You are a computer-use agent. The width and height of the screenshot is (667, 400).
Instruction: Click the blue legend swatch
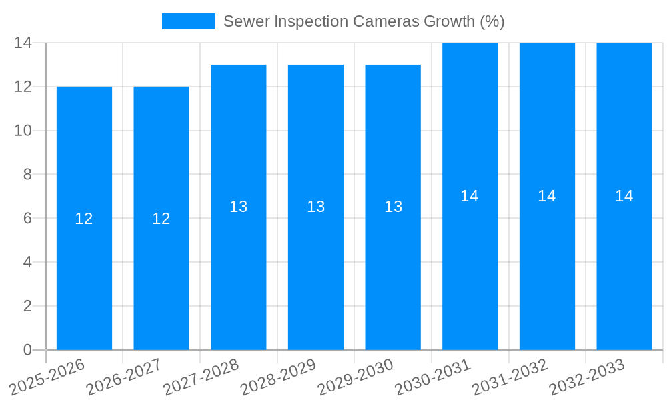(x=189, y=21)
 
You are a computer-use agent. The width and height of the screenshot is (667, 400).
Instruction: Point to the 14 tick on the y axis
(x=23, y=43)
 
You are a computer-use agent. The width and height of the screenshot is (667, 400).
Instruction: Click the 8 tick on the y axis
(x=27, y=175)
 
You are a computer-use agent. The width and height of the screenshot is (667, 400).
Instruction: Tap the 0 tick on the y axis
(x=27, y=350)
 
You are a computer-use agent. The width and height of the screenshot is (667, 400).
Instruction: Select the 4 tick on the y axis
(x=27, y=262)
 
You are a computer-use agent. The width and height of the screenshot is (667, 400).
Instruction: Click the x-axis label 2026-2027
(x=125, y=377)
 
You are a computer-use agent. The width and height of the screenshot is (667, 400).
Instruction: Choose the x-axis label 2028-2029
(x=278, y=377)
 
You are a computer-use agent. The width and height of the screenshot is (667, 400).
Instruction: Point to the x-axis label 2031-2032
(x=510, y=377)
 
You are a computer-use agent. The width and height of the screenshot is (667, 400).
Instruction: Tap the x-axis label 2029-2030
(x=356, y=377)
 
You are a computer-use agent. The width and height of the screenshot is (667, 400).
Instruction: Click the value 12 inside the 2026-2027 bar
(x=161, y=219)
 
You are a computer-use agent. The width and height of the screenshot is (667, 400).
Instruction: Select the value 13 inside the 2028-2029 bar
(x=316, y=207)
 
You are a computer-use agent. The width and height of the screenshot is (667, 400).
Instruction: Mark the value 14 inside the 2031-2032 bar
(x=547, y=196)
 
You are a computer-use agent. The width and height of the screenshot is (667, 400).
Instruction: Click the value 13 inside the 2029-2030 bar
(x=394, y=207)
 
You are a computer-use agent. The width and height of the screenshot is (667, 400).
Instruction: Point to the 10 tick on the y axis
(x=23, y=131)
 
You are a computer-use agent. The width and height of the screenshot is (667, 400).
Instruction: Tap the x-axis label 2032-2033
(x=587, y=377)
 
